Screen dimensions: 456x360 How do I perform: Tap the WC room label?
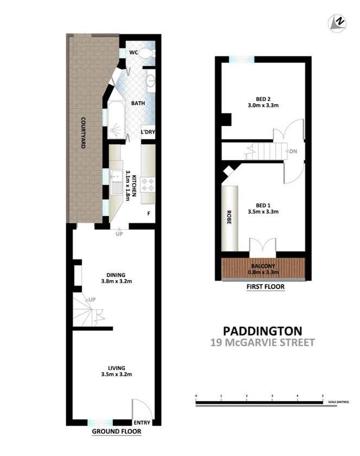[132, 53]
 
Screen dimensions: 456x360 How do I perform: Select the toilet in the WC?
[148, 53]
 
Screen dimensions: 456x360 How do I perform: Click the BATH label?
[138, 103]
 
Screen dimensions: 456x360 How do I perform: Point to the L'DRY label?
[148, 132]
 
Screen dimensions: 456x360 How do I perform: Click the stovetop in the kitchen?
[148, 185]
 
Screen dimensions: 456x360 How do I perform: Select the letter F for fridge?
[148, 213]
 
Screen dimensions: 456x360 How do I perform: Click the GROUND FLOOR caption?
[116, 432]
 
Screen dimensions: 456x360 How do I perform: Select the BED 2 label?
[263, 102]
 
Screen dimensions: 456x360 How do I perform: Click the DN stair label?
[293, 151]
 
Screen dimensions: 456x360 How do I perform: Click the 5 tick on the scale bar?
[323, 396]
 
